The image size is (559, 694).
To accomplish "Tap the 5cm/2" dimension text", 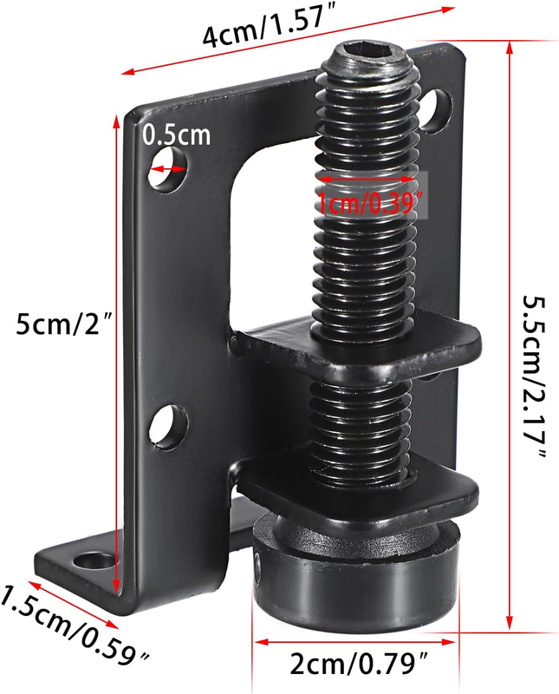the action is pyautogui.click(x=66, y=324).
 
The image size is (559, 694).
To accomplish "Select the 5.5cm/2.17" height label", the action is pyautogui.click(x=534, y=378).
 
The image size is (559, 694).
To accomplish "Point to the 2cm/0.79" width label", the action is pyautogui.click(x=359, y=665).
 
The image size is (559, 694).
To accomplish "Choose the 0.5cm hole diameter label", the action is pyautogui.click(x=177, y=135).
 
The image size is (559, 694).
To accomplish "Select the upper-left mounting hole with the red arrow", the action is pyautogui.click(x=167, y=169).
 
